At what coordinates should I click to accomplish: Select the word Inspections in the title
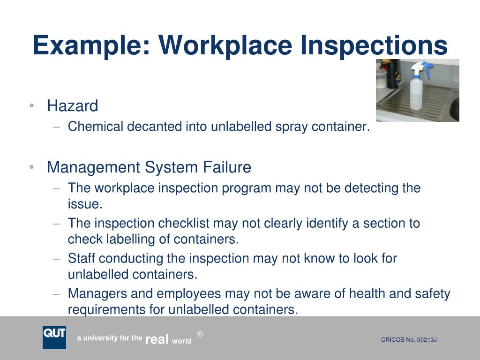tap(374, 45)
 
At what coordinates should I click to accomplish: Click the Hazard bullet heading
tap(73, 106)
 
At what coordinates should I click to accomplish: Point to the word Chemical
tap(96, 127)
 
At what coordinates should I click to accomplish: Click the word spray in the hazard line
tap(291, 127)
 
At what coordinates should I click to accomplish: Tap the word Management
tap(94, 168)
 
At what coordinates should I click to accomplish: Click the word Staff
tap(81, 258)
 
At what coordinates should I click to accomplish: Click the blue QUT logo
tap(54, 337)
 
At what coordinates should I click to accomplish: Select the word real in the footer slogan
tap(157, 339)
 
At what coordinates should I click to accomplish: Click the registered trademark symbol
tap(200, 334)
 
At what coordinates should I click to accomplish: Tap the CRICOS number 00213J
tap(427, 340)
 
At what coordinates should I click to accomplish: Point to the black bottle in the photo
tap(393, 74)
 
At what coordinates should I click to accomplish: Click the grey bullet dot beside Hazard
tap(31, 106)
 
